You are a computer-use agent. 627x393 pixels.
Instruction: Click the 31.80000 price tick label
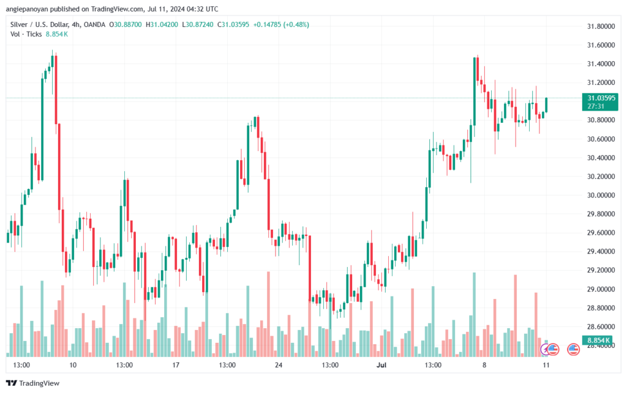(x=601, y=26)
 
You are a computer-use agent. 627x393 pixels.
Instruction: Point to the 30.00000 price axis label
(x=601, y=195)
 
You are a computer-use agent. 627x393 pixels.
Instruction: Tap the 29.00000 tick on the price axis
(x=601, y=289)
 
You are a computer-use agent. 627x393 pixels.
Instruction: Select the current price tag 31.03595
(x=601, y=98)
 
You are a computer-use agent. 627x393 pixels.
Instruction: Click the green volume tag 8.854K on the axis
(x=598, y=340)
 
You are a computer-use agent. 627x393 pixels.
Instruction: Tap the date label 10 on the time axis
(x=73, y=365)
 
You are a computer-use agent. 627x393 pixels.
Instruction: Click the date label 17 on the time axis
(x=176, y=365)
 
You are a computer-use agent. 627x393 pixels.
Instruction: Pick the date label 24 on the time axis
(x=279, y=365)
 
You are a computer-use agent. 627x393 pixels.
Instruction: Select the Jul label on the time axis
(x=381, y=365)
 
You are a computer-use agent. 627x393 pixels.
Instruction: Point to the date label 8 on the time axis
(x=484, y=365)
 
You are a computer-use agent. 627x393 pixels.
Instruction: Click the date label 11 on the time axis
(x=546, y=365)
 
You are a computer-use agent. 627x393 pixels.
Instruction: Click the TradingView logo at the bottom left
(x=33, y=383)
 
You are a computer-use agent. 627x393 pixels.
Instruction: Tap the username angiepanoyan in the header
(x=24, y=9)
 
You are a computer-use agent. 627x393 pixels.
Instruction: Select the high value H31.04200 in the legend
(x=162, y=24)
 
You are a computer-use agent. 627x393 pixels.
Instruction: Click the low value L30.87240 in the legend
(x=198, y=24)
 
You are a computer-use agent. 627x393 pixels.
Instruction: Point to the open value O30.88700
(x=125, y=24)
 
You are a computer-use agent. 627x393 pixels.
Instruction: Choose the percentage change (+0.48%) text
(x=296, y=24)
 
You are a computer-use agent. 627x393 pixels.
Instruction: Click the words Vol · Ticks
(x=26, y=34)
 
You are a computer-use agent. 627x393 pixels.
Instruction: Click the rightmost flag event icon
(x=573, y=350)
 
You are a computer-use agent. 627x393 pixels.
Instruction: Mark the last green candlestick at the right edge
(x=546, y=105)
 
